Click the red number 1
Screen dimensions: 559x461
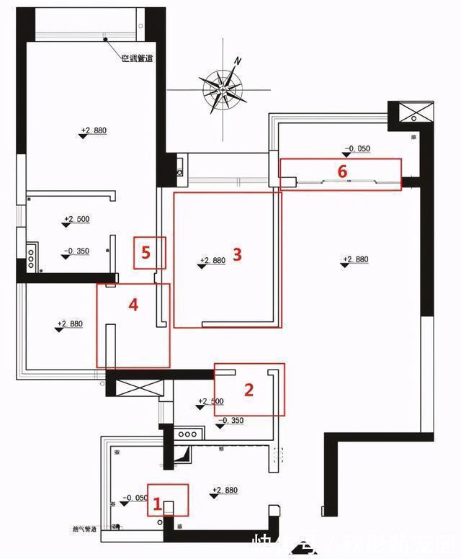coord(155,505)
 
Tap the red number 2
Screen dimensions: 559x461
coord(249,390)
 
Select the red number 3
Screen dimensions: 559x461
coord(236,254)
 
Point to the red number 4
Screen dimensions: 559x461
coord(133,305)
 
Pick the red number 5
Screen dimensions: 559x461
coord(146,252)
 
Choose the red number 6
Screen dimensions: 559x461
coord(343,171)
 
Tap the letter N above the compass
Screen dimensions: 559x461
coord(237,61)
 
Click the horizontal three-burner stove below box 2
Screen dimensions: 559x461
coord(188,434)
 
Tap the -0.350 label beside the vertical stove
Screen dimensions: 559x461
coord(76,251)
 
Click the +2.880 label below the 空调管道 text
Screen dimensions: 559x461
coord(93,130)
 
